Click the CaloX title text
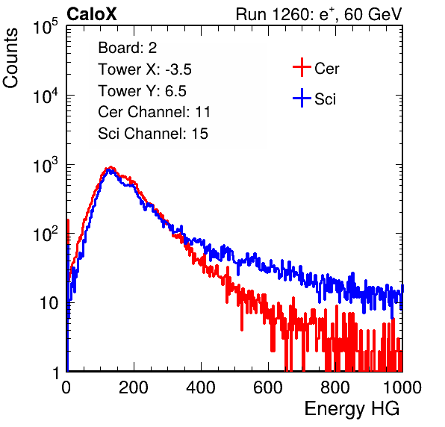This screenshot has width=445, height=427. click(x=91, y=14)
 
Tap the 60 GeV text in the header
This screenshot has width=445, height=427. click(x=373, y=14)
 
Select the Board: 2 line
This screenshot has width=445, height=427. click(x=128, y=48)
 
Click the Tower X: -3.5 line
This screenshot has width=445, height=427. click(x=145, y=69)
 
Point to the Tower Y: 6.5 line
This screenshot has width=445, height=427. click(x=142, y=91)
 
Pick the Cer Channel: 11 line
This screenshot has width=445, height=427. click(x=154, y=112)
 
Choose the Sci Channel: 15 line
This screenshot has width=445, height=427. click(x=153, y=134)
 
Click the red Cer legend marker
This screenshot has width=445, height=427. click(x=302, y=67)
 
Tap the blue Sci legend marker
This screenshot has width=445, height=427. click(x=302, y=98)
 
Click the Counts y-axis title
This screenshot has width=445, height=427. click(x=10, y=58)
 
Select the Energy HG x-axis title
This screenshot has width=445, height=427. click(x=352, y=409)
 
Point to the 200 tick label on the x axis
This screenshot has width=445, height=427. click(x=134, y=387)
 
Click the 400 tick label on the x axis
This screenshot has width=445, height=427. click(x=201, y=387)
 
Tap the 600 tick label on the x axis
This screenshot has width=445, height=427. click(x=268, y=387)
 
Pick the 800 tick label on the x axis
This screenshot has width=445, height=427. click(x=335, y=387)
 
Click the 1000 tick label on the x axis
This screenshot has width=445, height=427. click(x=402, y=387)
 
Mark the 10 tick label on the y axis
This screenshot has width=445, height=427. click(x=49, y=303)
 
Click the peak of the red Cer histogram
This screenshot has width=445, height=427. click(x=111, y=166)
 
